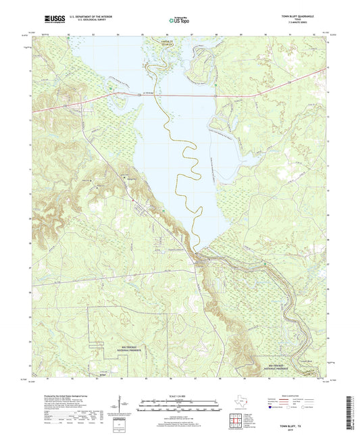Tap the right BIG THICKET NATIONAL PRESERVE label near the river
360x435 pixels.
[277, 366]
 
